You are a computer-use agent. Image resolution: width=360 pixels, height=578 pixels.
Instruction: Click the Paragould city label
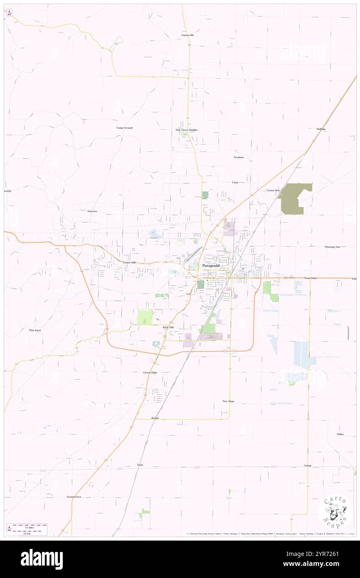pos(211,265)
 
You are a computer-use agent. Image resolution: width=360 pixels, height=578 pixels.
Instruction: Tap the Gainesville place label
pos(187,35)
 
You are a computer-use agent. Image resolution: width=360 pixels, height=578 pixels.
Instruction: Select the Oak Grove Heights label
pos(187,130)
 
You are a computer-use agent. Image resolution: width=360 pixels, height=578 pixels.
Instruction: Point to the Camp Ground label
pos(124,128)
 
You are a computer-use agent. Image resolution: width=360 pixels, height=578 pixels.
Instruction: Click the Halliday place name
pos(321,129)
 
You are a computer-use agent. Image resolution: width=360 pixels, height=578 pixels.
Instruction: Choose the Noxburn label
pos(238,157)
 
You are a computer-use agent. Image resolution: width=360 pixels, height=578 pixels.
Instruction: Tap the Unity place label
pos(235,182)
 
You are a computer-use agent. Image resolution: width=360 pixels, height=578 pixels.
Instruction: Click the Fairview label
pos(92,211)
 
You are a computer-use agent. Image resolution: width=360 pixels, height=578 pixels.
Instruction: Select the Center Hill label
pos(129,263)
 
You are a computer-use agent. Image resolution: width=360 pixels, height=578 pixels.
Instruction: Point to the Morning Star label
pos(332,247)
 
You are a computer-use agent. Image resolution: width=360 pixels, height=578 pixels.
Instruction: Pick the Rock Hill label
pos(168,327)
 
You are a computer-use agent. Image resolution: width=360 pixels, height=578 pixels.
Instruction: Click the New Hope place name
pos(228,401)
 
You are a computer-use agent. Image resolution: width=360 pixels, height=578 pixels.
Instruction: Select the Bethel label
pos(155,417)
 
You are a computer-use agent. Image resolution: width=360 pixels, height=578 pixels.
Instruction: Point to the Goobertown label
pos(74,496)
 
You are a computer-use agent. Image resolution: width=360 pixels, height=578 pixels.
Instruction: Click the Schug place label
pos(307,465)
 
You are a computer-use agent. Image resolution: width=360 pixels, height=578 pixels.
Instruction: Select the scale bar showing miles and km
pos(27,529)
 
